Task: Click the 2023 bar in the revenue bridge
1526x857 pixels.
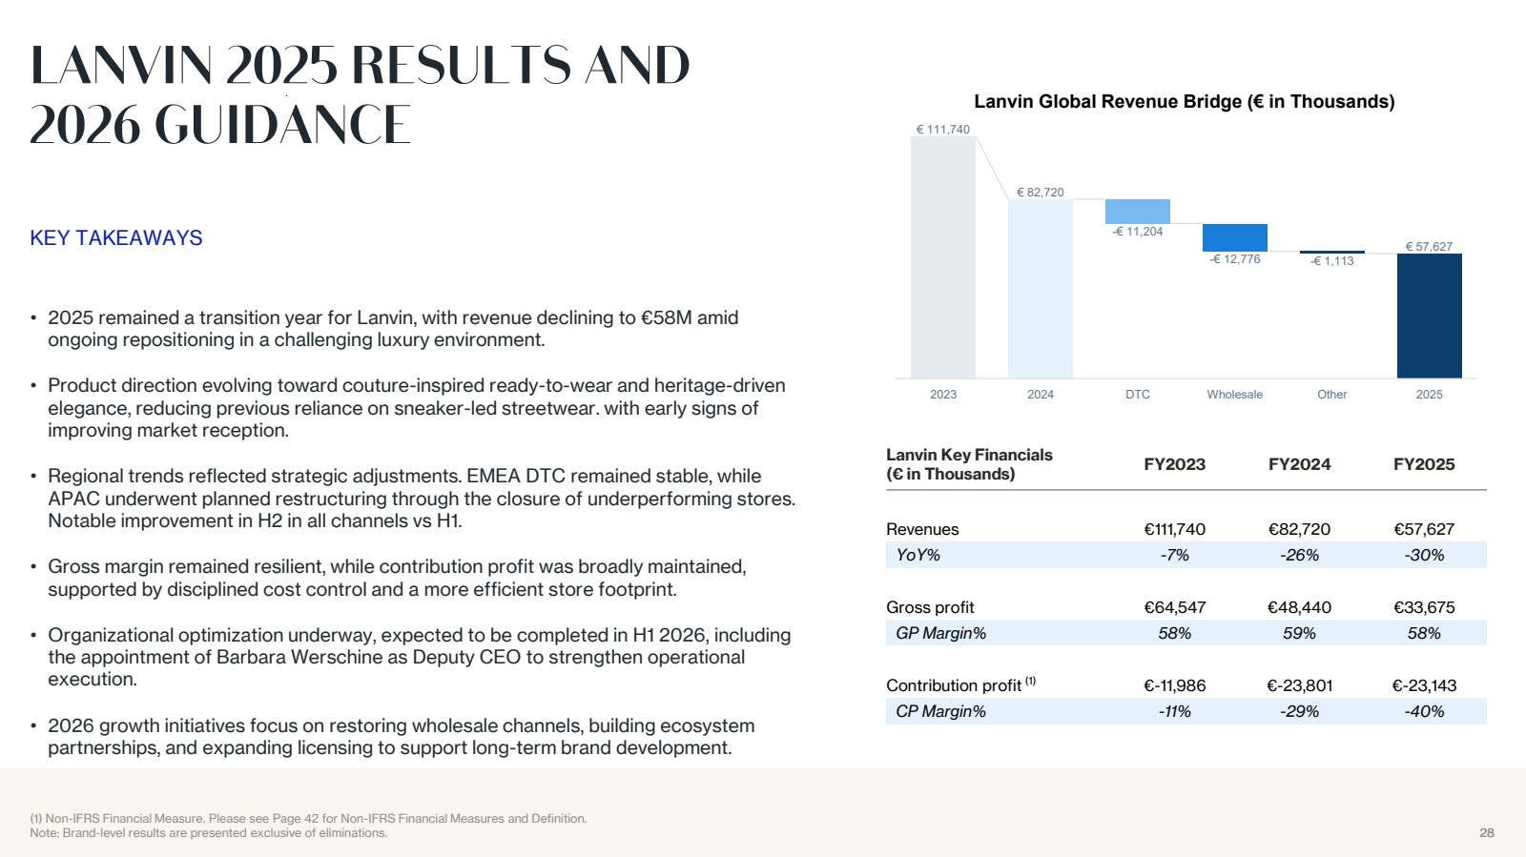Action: tap(943, 257)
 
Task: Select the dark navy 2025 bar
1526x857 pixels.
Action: tap(1430, 316)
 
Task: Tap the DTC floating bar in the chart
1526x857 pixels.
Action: tap(1138, 212)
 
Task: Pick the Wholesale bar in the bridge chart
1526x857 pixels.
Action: tap(1235, 237)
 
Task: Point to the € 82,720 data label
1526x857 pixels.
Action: tap(1041, 193)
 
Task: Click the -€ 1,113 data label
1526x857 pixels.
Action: tap(1331, 261)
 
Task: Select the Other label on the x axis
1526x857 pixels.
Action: tap(1331, 394)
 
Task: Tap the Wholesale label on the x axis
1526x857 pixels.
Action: tap(1234, 394)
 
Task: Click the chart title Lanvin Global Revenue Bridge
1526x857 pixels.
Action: tap(1184, 101)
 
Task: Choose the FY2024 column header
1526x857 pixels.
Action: tap(1299, 464)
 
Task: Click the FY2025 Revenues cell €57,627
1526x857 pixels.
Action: tap(1424, 529)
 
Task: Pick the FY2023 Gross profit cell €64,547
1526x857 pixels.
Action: tap(1174, 607)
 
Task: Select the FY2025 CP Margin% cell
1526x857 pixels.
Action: tap(1424, 711)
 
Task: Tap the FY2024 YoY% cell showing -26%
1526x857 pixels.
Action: tap(1299, 555)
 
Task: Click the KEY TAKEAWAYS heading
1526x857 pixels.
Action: tap(115, 237)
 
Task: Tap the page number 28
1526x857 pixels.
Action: tap(1487, 832)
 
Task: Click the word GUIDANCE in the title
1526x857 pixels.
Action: tap(283, 125)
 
